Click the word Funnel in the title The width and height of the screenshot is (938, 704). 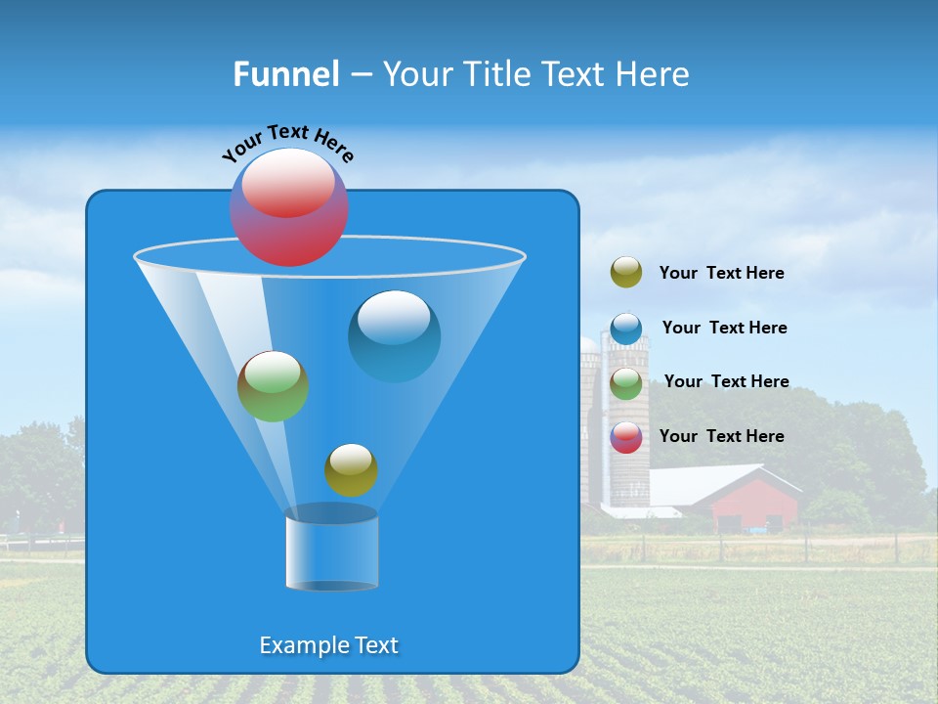coord(285,74)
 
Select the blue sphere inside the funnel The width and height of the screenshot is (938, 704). coord(394,336)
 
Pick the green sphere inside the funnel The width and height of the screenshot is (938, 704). coord(274,386)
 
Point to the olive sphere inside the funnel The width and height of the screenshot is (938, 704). coord(351,470)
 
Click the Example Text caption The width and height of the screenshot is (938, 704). coord(329,645)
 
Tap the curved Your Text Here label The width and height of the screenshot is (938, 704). coord(287,143)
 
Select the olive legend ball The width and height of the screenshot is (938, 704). coord(626,273)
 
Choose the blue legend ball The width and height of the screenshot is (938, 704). coord(626,329)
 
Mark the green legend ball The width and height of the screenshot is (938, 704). coord(626,383)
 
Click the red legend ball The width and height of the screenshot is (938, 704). coord(626,437)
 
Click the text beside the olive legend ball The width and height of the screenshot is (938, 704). coord(721,274)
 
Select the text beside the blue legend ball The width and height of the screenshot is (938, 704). coord(724,329)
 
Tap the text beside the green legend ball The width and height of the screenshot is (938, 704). coord(726,382)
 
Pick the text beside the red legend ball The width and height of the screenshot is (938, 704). coord(721,436)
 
